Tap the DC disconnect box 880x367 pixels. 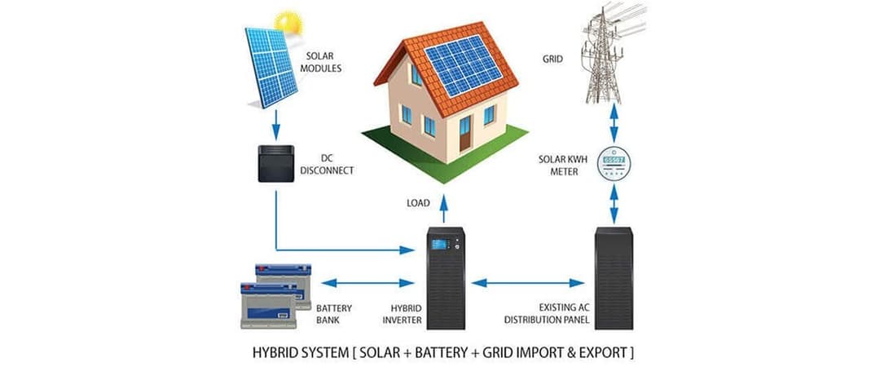tap(273, 163)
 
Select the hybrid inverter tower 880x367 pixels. tap(447, 276)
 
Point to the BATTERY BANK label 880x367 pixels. tap(332, 313)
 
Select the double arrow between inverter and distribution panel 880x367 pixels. tap(530, 283)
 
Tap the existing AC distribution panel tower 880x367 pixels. tap(613, 277)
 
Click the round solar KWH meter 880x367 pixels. tap(614, 164)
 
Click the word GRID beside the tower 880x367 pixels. tap(552, 59)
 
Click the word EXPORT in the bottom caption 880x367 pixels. tap(604, 354)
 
